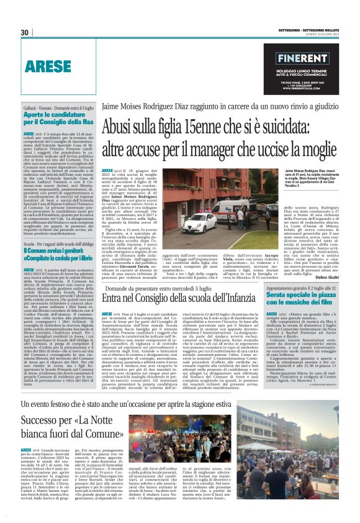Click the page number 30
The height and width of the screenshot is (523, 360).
coord(25,33)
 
